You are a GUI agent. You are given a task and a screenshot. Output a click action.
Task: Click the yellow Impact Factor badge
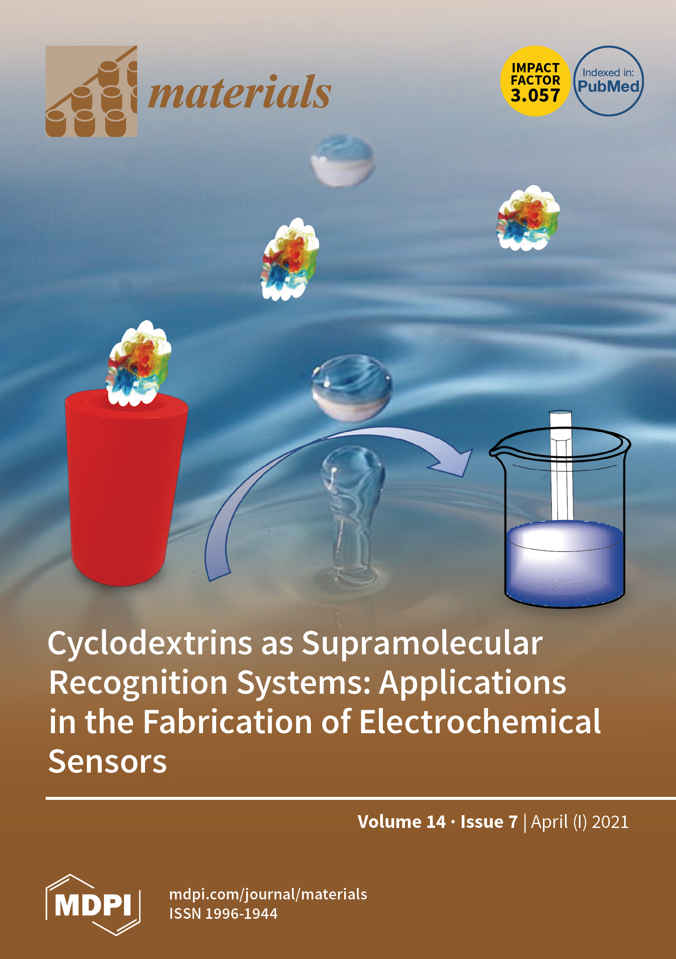[x=535, y=81]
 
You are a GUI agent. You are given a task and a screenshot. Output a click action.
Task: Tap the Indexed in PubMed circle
[x=608, y=81]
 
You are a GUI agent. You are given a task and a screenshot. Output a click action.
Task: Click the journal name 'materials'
[x=239, y=93]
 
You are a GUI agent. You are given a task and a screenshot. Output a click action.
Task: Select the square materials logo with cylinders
[x=91, y=91]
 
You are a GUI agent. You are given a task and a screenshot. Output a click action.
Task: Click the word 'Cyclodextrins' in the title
[x=150, y=643]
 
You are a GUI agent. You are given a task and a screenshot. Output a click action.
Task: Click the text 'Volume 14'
[x=401, y=822]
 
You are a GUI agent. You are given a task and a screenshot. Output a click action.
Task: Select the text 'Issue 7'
[x=489, y=822]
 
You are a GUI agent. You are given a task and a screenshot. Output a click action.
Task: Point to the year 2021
[x=610, y=822]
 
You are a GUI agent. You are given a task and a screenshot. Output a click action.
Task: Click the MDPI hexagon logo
[x=93, y=905]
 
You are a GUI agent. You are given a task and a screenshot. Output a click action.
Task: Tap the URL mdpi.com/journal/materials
[x=268, y=894]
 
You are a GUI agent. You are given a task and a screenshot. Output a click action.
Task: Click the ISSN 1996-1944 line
[x=223, y=913]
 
